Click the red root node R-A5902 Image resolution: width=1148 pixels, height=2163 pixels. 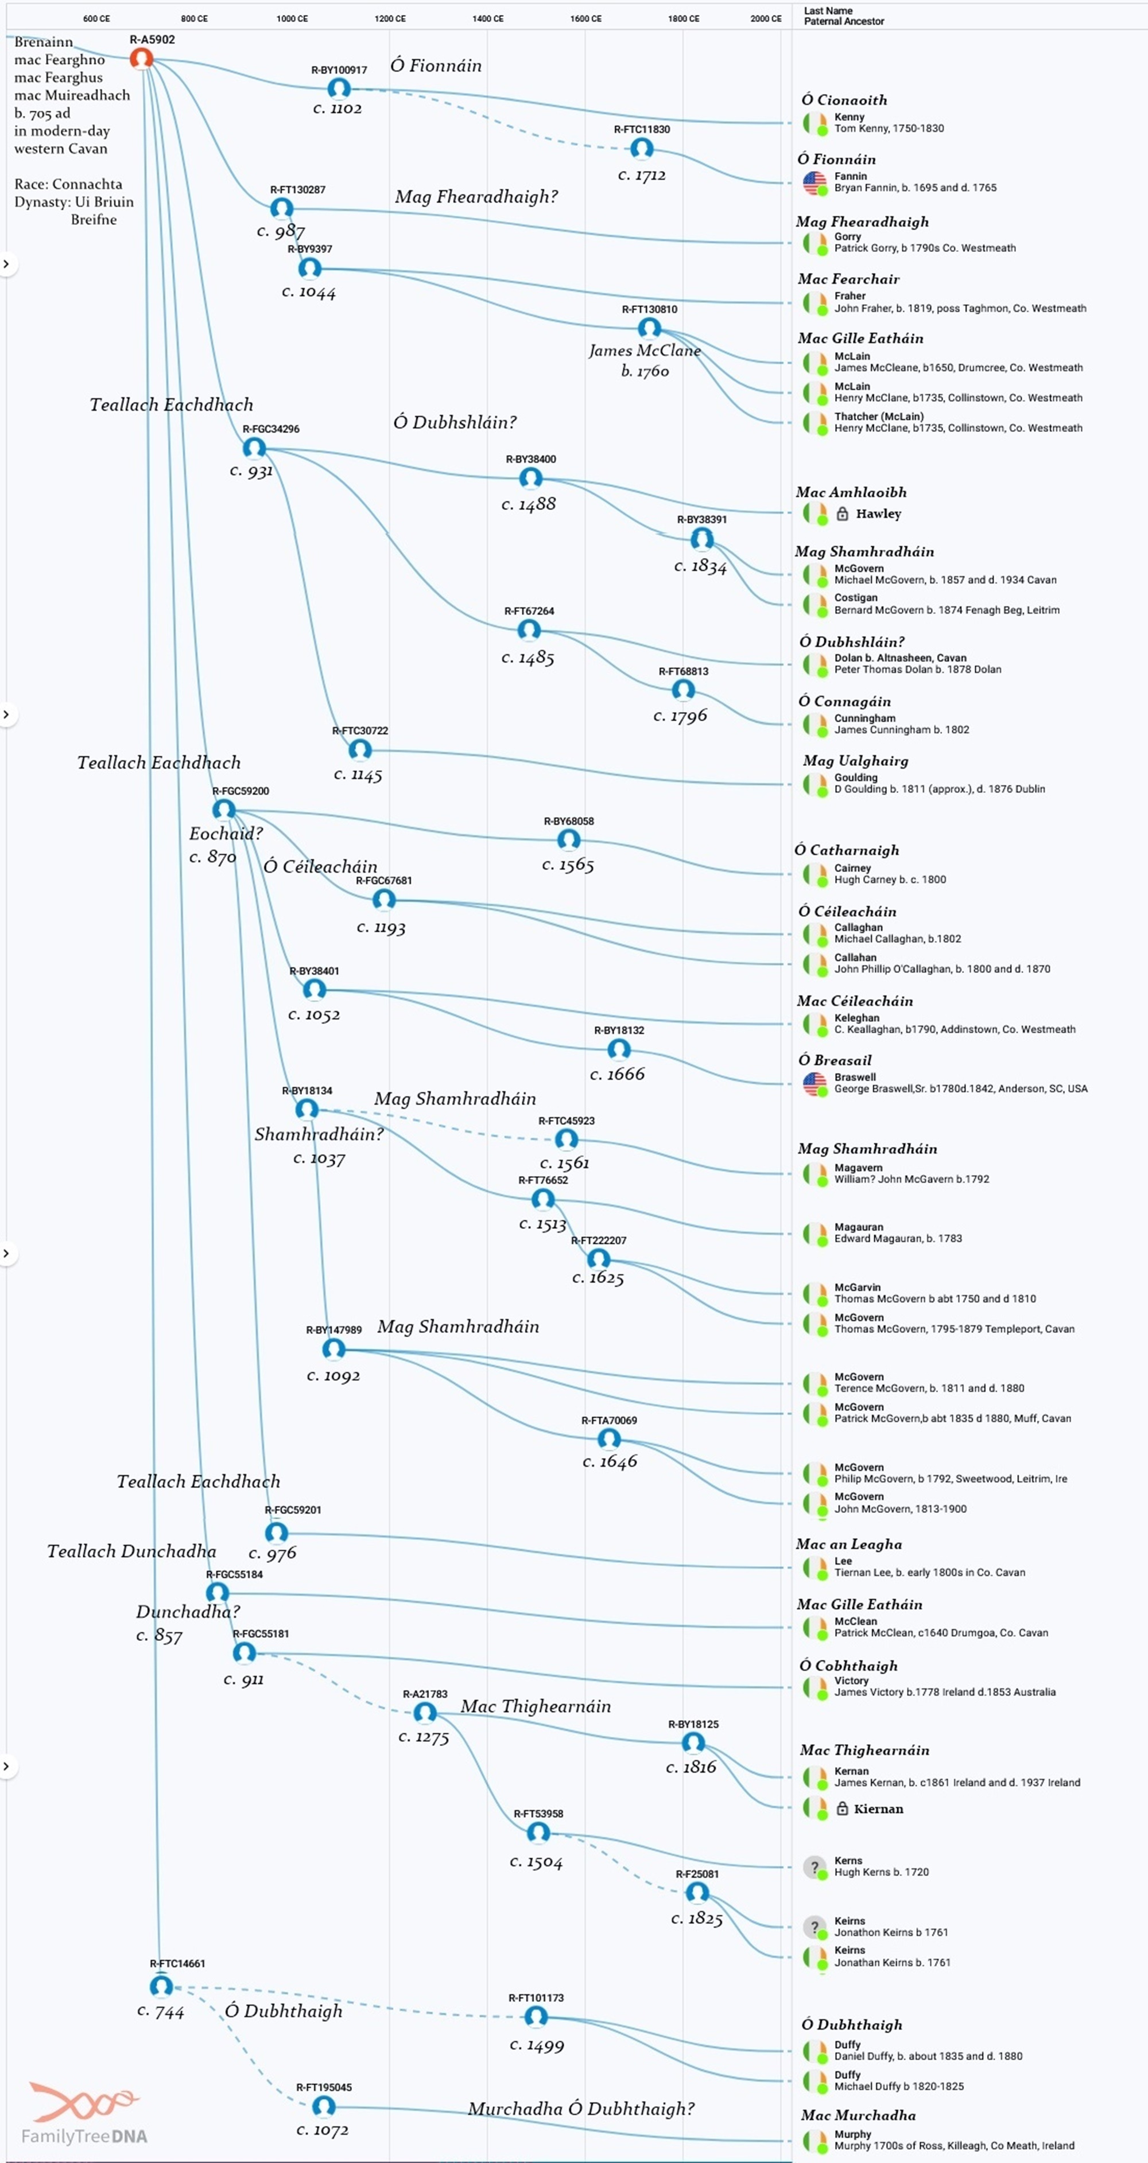[x=141, y=58]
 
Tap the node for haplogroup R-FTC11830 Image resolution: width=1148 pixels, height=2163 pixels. [x=642, y=149]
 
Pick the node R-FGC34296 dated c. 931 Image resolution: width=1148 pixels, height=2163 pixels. [x=254, y=448]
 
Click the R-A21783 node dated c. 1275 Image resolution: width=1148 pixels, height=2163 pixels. [x=425, y=1712]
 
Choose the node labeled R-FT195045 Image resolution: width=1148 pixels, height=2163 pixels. [x=323, y=2106]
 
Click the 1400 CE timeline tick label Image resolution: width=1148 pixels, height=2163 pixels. [x=488, y=18]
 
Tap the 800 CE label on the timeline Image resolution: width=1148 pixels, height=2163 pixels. [x=194, y=18]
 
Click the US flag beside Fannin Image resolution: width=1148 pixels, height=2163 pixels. [x=814, y=182]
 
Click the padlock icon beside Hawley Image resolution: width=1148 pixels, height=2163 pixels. [x=842, y=514]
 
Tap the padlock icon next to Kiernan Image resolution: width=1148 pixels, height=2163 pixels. [x=842, y=1808]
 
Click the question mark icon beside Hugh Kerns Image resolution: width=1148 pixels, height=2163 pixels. [x=814, y=1866]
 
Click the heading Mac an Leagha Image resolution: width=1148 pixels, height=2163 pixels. [x=848, y=1544]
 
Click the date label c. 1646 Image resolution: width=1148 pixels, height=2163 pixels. [x=610, y=1462]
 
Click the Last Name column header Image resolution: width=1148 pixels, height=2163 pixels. [x=828, y=11]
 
